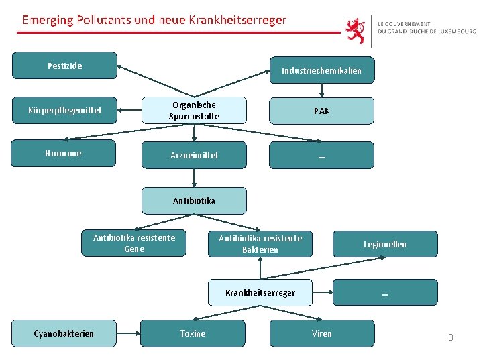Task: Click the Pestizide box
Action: click(65, 66)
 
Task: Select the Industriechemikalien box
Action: click(321, 70)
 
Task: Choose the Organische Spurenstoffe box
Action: click(194, 111)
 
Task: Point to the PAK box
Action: click(321, 111)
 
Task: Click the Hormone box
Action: click(65, 154)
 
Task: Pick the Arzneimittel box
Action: click(194, 155)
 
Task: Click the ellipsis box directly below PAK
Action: click(321, 155)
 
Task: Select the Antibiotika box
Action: click(194, 200)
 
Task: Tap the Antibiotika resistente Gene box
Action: click(133, 243)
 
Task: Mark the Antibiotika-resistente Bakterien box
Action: click(260, 243)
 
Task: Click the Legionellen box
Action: click(385, 244)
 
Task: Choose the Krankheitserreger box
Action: click(260, 292)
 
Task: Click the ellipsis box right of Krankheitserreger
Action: click(385, 292)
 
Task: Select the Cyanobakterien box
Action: click(64, 333)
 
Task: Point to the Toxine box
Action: click(193, 333)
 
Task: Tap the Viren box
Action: click(321, 333)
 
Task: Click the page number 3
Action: click(451, 337)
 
